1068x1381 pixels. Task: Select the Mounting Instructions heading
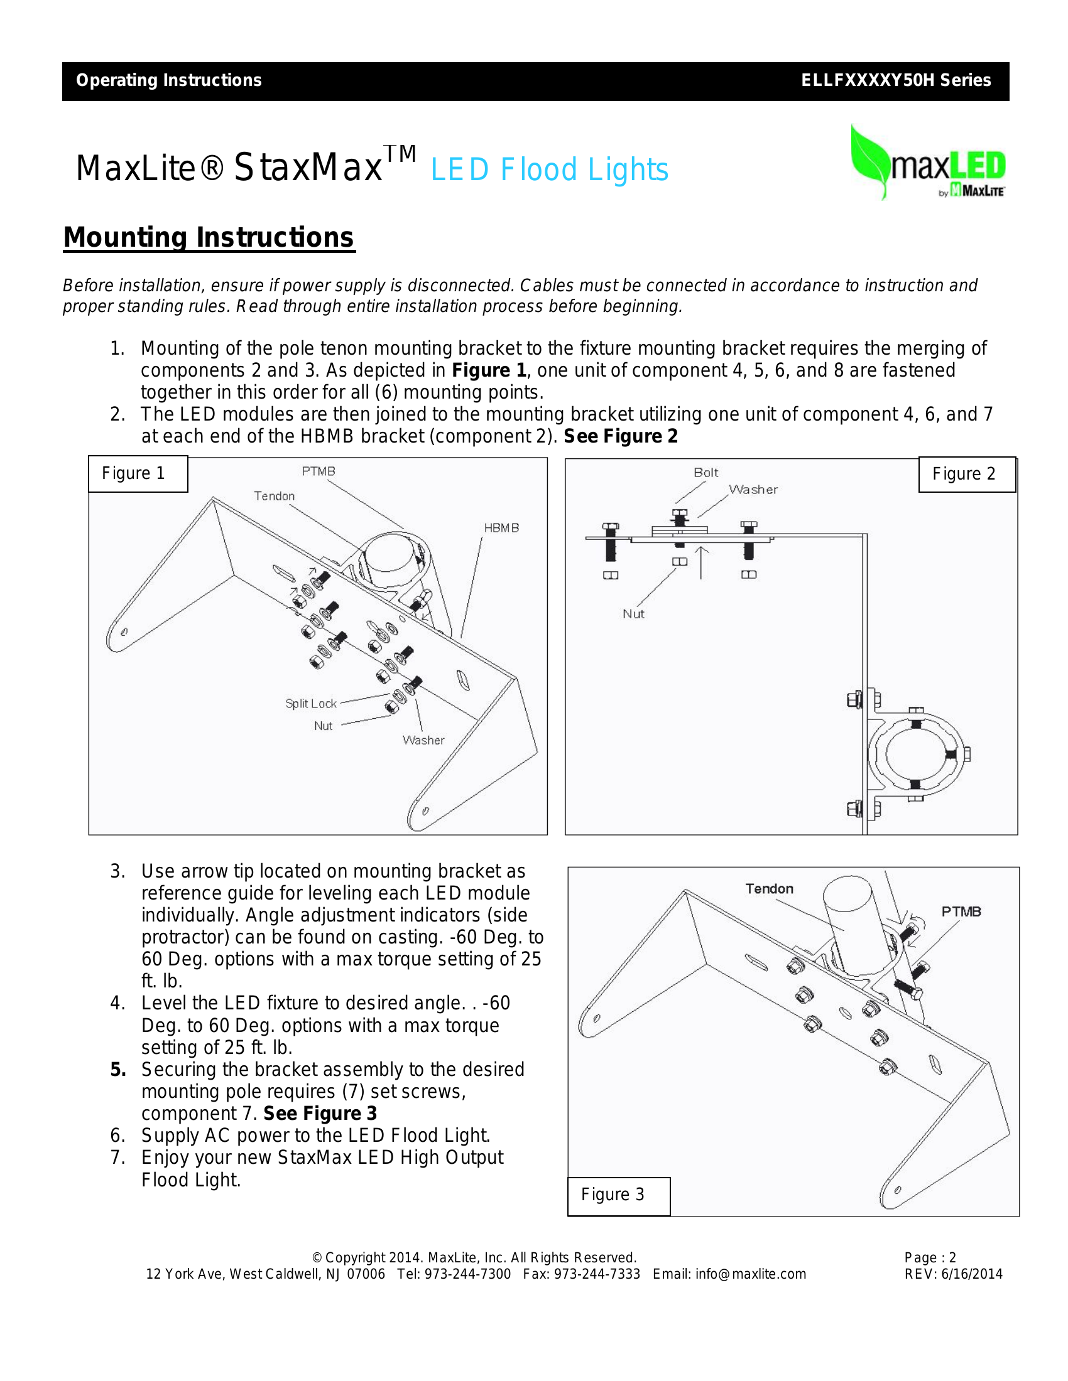click(209, 238)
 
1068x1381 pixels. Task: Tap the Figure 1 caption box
click(138, 473)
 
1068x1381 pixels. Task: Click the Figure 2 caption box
click(966, 474)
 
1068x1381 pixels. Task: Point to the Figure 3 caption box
click(618, 1195)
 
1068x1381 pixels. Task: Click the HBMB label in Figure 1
click(501, 528)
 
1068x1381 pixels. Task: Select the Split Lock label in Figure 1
click(310, 704)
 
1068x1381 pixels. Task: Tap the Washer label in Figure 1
click(423, 741)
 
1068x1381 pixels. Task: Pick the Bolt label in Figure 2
click(706, 472)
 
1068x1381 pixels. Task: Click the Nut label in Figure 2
click(633, 614)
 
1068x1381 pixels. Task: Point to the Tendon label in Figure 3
click(769, 889)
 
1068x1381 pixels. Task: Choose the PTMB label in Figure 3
click(961, 912)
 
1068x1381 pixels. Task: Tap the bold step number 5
click(118, 1070)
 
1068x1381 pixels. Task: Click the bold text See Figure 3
click(320, 1114)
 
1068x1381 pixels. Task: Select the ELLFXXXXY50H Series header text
click(896, 81)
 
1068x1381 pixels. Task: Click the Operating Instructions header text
click(169, 81)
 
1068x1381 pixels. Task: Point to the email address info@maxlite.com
click(750, 1274)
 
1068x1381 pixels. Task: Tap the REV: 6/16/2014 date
click(953, 1274)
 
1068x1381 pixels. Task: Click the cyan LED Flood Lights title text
click(549, 169)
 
